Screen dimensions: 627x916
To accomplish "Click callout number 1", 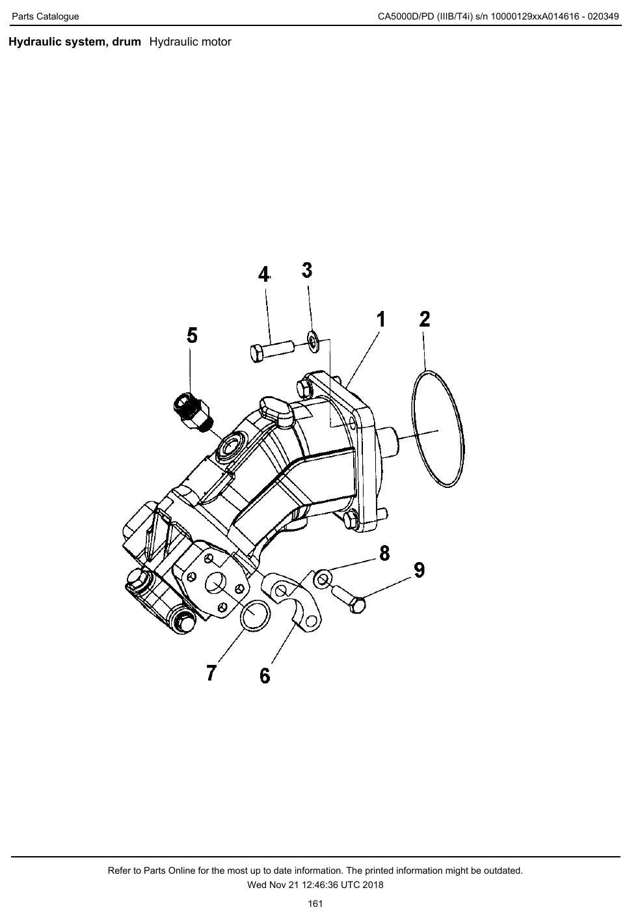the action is click(x=380, y=319).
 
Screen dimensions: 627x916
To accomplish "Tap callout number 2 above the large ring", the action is click(x=425, y=319).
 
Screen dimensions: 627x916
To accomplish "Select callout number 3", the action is click(x=307, y=270).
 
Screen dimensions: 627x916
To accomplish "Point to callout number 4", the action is click(x=264, y=275).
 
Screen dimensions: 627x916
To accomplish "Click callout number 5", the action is click(x=192, y=335).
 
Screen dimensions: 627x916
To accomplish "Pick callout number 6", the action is click(x=265, y=676).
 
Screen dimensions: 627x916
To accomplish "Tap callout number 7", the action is click(x=211, y=673).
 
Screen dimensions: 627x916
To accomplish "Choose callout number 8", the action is click(x=384, y=553).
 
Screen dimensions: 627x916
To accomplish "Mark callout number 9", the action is click(x=420, y=570).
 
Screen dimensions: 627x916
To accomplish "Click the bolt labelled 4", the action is click(x=272, y=351).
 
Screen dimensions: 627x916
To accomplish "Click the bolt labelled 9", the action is click(x=348, y=599).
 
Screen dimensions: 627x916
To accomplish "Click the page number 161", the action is click(x=315, y=904).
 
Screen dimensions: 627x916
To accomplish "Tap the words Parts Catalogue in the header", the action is click(x=46, y=17).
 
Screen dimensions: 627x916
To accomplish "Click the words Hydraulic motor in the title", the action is click(x=191, y=42).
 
